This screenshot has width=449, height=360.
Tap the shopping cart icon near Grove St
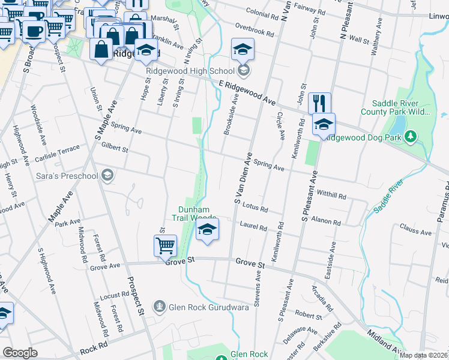pos(165,245)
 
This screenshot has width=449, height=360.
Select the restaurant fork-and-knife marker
pos(320,103)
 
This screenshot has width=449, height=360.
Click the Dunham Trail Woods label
pos(196,214)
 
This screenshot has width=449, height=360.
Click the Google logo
pos(20,352)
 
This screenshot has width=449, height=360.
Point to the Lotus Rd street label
pos(255,208)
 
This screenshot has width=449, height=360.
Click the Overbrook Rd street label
pos(255,28)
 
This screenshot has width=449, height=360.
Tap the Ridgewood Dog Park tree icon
pos(411,137)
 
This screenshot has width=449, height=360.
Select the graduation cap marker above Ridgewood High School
pos(243,50)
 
